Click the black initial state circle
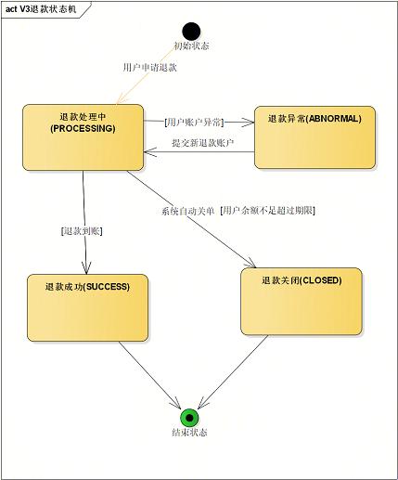(191, 31)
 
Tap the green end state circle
(189, 417)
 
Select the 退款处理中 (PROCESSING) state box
(83, 137)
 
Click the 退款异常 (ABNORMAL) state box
(315, 136)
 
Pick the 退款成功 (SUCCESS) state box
(88, 306)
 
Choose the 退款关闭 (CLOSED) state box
(302, 301)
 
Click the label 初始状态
(191, 45)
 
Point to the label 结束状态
(189, 434)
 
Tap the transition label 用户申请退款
(149, 68)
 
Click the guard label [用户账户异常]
(194, 122)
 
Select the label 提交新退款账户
(202, 143)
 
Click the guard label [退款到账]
(79, 230)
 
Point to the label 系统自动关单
(186, 211)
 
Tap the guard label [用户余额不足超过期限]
(269, 211)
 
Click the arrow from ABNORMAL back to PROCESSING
(199, 153)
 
